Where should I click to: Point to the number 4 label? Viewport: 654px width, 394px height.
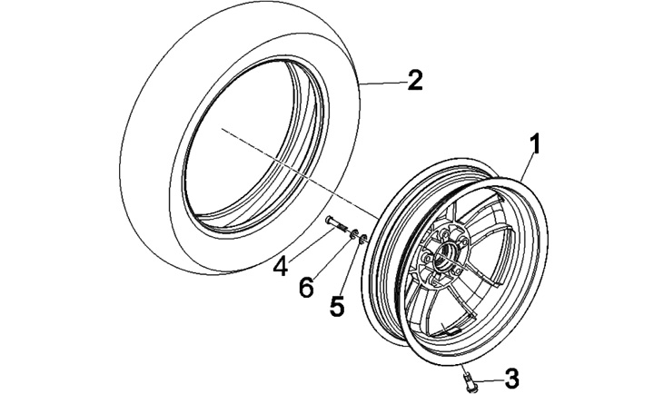pyautogui.click(x=282, y=267)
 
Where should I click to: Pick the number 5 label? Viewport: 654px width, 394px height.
pyautogui.click(x=337, y=306)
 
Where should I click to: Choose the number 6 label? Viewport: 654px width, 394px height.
pyautogui.click(x=307, y=287)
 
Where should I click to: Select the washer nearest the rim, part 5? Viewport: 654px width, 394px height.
pyautogui.click(x=362, y=239)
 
